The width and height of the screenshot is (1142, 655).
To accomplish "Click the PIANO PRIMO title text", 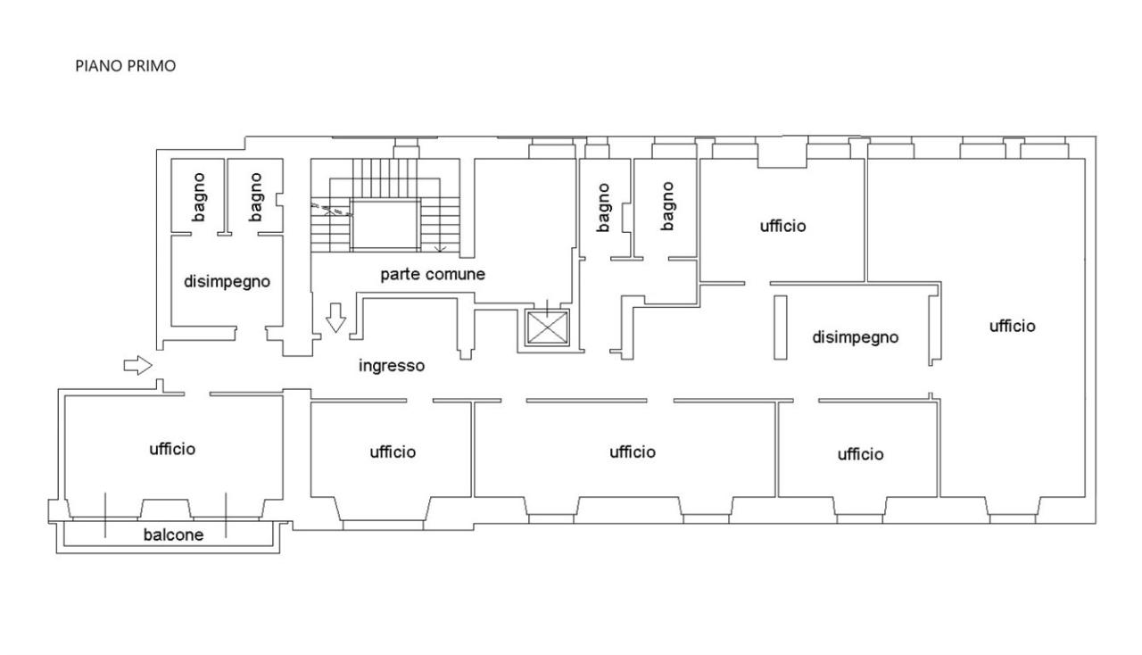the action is click(x=126, y=66).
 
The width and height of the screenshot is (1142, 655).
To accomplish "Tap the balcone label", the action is click(x=173, y=535).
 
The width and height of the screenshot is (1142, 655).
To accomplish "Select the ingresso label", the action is click(x=392, y=366).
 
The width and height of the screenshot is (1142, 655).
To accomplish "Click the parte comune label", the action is click(x=433, y=275).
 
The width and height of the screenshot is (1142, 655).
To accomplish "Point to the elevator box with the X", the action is click(x=547, y=327).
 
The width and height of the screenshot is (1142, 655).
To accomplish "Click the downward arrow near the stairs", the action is click(x=335, y=318).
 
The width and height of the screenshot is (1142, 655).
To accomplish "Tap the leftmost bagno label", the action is click(x=199, y=197).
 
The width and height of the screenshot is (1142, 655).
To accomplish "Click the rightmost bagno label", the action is click(x=666, y=206).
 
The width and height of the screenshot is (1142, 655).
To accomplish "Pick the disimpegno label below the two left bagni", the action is click(x=227, y=282).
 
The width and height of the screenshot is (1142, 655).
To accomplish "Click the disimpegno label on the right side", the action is click(x=856, y=337).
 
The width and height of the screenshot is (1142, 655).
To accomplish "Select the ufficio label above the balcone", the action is click(x=172, y=449).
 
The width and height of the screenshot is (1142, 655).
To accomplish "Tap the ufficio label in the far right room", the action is click(x=1013, y=326).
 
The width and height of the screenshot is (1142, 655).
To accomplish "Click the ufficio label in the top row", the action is click(x=783, y=226).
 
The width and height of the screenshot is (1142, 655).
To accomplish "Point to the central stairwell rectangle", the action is click(x=385, y=225).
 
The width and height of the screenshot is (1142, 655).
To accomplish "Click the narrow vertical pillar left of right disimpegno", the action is click(x=780, y=327).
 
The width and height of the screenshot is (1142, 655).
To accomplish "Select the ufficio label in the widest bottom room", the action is click(x=633, y=452).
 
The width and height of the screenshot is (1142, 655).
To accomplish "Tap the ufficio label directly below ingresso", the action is click(x=393, y=452).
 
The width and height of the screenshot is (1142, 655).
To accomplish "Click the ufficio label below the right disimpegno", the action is click(x=861, y=454).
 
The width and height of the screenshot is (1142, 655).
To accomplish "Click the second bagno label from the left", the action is click(x=255, y=197).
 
